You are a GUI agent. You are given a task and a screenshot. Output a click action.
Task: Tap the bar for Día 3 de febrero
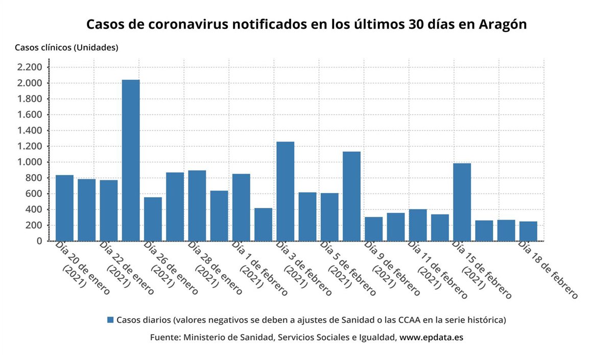pos(285,191)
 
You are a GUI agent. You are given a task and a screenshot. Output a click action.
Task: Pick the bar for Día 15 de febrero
pos(462,202)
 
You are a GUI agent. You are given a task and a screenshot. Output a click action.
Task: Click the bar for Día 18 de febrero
pos(528,231)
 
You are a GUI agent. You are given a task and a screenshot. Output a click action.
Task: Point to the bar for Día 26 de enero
pos(153,219)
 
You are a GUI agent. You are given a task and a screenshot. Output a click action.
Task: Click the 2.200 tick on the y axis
pos(29,67)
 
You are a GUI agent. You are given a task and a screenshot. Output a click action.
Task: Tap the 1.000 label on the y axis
pos(29,162)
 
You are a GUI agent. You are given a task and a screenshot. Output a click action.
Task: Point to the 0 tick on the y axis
pos(38,241)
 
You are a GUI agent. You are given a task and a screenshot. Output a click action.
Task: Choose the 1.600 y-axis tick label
pos(29,114)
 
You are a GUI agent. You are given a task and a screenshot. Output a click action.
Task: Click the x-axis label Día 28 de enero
pos(215,268)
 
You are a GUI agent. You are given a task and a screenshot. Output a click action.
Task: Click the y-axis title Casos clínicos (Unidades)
pos(66,47)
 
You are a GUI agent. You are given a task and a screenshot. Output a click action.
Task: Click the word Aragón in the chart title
pos(503,25)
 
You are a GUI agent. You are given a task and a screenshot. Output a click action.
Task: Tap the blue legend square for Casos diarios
pos(110,320)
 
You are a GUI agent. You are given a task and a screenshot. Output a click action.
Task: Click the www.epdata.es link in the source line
pos(431,338)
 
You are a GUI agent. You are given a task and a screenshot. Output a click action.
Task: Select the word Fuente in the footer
pos(164,338)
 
